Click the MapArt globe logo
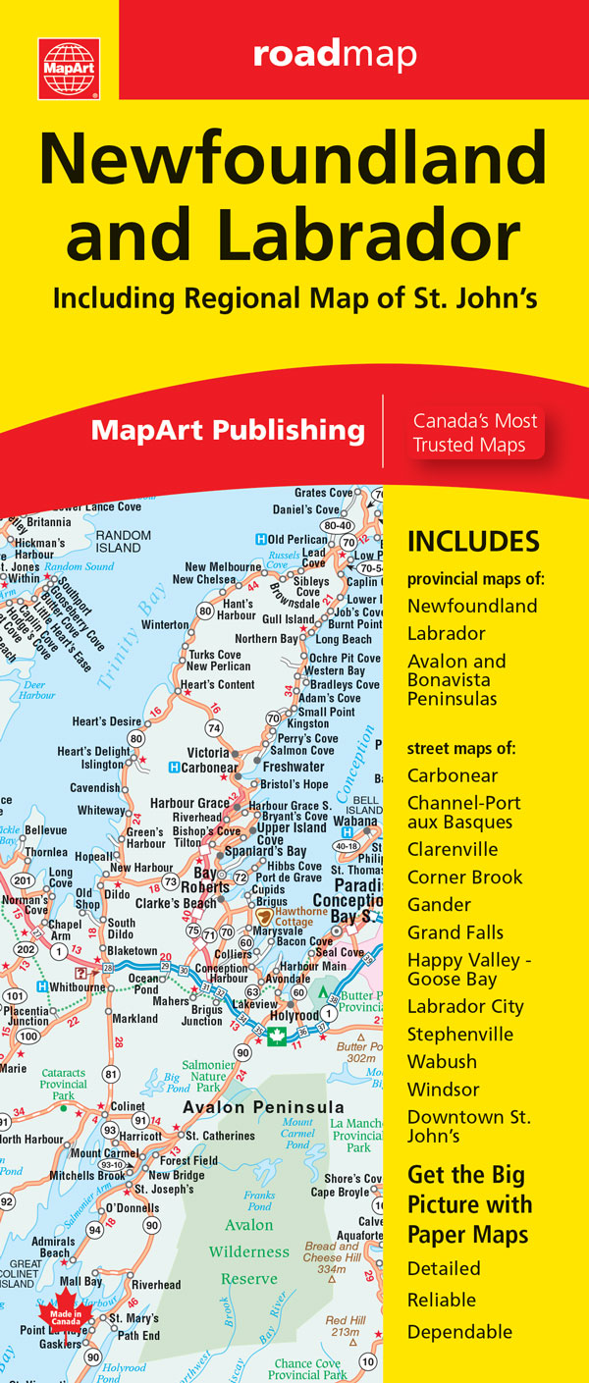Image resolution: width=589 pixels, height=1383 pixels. pos(69,69)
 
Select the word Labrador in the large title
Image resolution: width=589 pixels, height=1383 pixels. pos(391,236)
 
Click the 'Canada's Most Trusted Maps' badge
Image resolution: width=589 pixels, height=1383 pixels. pos(475,433)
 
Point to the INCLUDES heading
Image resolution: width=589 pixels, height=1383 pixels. pos(473,541)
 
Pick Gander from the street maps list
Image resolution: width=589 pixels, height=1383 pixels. pos(439,904)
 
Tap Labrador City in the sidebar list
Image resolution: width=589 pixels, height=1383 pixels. pos(465,1006)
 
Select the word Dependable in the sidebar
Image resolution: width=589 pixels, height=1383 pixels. pos(459,1331)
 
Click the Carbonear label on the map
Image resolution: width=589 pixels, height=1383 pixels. pos(209,768)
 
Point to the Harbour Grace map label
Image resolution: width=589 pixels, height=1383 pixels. pos(188,804)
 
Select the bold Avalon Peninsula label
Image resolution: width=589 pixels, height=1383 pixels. pos(264,1107)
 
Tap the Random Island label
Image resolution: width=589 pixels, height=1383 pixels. pos(123,541)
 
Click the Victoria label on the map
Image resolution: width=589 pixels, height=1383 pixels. pos(208,753)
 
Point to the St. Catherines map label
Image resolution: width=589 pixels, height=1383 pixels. pos(220,1136)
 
